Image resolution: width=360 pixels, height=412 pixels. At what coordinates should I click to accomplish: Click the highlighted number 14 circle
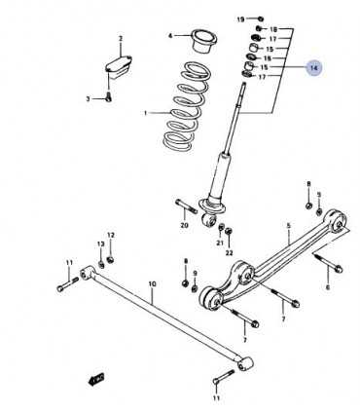click(x=314, y=68)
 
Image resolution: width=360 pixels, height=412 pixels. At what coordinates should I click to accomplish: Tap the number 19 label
click(x=240, y=19)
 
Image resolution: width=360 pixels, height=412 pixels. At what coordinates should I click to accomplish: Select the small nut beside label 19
click(x=260, y=19)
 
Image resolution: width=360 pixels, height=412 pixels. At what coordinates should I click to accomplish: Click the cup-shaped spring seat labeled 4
click(x=204, y=41)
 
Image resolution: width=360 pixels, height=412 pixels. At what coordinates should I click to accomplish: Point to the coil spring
click(x=186, y=106)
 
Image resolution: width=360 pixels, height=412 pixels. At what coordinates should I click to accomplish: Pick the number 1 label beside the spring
click(x=146, y=113)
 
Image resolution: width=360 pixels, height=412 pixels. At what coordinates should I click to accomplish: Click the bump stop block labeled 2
click(x=119, y=67)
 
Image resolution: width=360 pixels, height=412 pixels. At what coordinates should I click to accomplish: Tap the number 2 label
click(x=121, y=39)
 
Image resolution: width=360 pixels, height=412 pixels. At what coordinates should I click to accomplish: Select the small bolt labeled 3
click(x=108, y=96)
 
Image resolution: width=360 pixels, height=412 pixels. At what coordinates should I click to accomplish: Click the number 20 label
click(x=184, y=225)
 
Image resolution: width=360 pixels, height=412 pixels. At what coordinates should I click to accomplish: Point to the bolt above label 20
click(x=187, y=206)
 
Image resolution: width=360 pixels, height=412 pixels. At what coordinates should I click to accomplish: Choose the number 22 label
click(x=230, y=253)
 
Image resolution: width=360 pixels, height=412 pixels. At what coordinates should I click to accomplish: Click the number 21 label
click(x=221, y=243)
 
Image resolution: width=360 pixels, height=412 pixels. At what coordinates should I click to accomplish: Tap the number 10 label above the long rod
click(x=152, y=284)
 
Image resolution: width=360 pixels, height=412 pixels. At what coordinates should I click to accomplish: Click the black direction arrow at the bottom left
click(x=96, y=379)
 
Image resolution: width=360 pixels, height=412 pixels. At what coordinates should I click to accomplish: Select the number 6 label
click(x=328, y=287)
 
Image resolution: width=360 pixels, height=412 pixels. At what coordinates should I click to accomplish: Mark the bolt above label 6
click(x=328, y=262)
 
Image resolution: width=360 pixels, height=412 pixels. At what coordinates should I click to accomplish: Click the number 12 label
click(x=111, y=235)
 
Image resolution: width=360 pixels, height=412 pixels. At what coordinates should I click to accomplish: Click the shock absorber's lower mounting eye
click(x=209, y=221)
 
